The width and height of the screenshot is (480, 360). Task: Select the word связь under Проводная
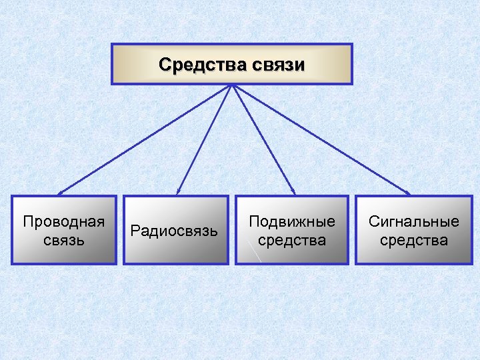[64, 239]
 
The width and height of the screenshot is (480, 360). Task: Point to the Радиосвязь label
[174, 231]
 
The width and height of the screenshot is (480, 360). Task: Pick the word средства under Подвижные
[292, 239]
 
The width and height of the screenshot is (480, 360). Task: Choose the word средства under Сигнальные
[414, 239]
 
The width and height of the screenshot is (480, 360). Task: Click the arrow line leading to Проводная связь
[143, 140]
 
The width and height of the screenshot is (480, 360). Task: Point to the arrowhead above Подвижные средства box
[293, 193]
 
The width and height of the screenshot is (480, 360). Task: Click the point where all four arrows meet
[231, 85]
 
